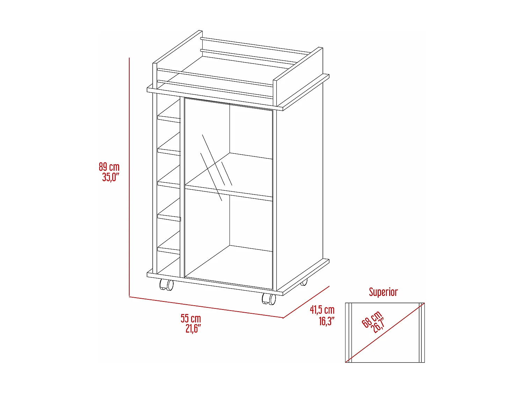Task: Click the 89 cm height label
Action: (109, 167)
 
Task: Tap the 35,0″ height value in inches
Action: (111, 177)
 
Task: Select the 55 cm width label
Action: (191, 318)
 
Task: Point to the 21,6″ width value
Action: (193, 328)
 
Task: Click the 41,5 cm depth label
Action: (322, 310)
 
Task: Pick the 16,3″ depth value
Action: (327, 321)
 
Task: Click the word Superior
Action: (383, 292)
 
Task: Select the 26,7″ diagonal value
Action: (377, 325)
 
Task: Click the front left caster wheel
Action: (167, 285)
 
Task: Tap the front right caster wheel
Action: (269, 299)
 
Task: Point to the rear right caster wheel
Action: (304, 282)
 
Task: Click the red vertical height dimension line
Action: (129, 175)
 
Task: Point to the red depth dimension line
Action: (306, 302)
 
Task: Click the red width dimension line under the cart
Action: (206, 307)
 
